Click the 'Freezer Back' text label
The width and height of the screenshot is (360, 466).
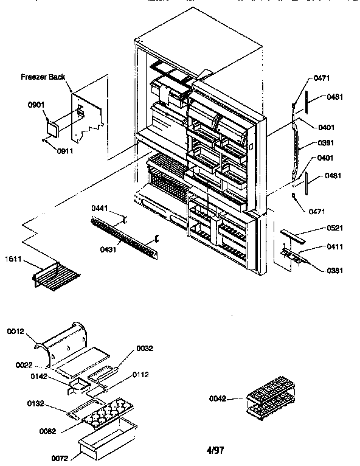(43, 77)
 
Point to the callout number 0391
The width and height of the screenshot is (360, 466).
(327, 144)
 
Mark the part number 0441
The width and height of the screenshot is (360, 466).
(100, 208)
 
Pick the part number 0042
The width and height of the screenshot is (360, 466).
(218, 399)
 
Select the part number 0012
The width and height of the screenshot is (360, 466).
(16, 332)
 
